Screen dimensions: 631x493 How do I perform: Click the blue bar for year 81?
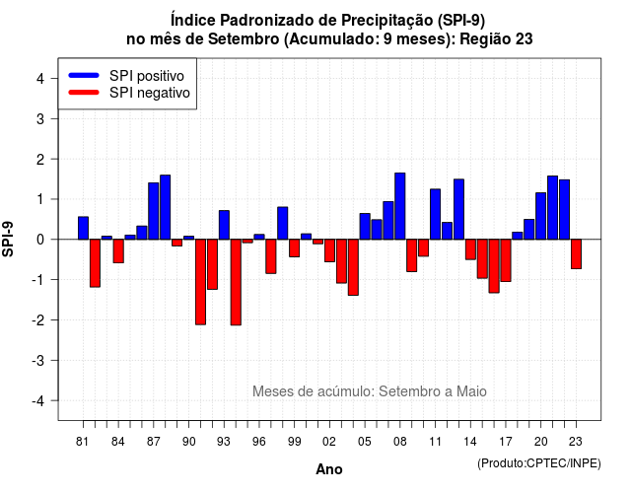[83, 228]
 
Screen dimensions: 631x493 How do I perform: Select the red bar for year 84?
[118, 251]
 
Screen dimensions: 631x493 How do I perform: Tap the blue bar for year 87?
[154, 211]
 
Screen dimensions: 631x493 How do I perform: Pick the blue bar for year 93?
[224, 225]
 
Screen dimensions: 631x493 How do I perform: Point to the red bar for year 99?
[295, 247]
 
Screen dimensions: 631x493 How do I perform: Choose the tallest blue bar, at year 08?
[400, 206]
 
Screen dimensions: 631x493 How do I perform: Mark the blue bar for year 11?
[435, 214]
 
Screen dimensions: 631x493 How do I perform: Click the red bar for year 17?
[506, 260]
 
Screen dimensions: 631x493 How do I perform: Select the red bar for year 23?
[576, 254]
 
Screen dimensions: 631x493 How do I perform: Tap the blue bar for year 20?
[541, 216]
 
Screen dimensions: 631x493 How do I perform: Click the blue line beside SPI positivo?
[84, 75]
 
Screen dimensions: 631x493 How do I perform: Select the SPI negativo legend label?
[150, 93]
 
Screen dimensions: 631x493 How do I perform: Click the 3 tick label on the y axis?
[40, 119]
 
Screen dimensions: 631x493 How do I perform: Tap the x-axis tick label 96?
[259, 442]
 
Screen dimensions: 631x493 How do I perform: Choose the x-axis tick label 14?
[470, 442]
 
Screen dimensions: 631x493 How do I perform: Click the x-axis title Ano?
[329, 469]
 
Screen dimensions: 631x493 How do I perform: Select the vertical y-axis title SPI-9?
[8, 239]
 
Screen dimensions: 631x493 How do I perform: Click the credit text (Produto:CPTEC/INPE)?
[539, 463]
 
